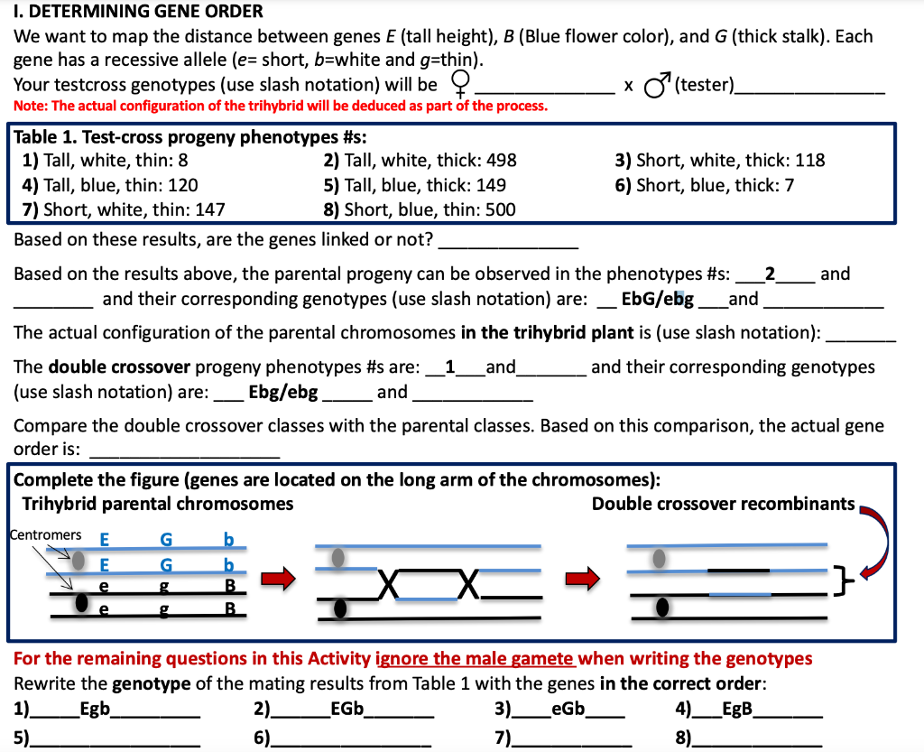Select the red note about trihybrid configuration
tap(281, 107)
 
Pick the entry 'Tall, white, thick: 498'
tap(420, 161)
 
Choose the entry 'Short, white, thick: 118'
tap(719, 161)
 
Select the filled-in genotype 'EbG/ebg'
tap(658, 299)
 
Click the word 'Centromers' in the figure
tap(45, 535)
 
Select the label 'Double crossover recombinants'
tap(723, 504)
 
